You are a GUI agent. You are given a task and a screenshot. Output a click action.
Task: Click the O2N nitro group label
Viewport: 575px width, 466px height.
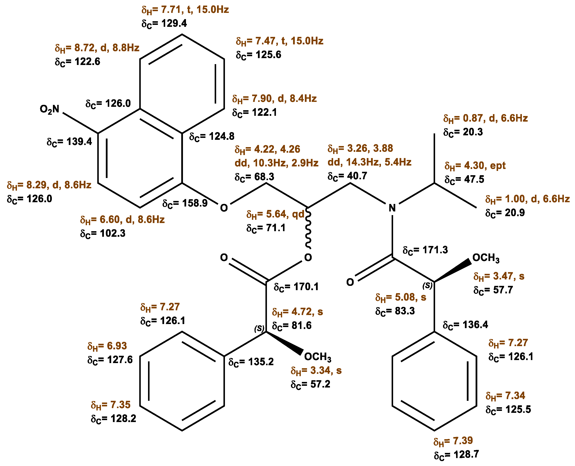point(50,109)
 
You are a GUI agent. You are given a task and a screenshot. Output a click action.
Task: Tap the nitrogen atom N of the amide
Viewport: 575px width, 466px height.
point(392,208)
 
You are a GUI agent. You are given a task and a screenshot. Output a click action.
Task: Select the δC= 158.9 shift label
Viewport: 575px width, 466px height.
point(185,203)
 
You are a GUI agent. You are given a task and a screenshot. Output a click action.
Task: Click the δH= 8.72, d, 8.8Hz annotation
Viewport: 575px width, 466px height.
point(97,48)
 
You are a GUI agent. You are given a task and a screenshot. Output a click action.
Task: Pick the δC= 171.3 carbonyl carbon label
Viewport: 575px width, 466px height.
point(425,250)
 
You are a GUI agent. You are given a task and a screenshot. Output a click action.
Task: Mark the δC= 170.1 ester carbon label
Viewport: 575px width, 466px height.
point(296,287)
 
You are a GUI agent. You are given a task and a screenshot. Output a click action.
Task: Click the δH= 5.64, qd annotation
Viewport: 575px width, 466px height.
point(275,214)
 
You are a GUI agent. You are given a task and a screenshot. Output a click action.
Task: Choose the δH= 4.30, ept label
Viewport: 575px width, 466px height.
point(475,166)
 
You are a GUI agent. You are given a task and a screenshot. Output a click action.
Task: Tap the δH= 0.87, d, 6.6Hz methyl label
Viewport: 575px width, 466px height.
point(485,118)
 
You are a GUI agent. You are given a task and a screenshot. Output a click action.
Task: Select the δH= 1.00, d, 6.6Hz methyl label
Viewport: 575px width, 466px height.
point(527,199)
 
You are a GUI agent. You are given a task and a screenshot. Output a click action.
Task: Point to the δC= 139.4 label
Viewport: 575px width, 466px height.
point(69,142)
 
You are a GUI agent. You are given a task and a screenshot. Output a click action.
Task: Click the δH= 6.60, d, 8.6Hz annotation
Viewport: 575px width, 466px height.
point(122,220)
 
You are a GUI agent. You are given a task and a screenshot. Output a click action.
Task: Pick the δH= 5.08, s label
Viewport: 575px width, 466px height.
point(401,297)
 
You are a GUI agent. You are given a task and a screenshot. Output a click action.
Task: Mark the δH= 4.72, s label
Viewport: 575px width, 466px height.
point(297,312)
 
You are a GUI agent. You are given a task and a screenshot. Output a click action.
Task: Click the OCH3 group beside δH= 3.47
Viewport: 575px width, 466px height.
point(486,258)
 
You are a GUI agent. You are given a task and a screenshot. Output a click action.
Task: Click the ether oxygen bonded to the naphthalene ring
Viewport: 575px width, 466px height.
point(224,208)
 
